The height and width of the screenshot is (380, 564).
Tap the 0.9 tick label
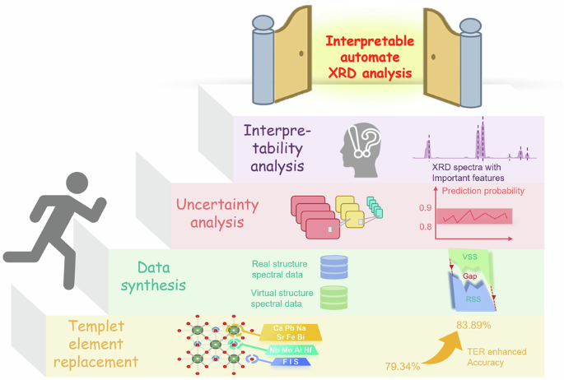click(425, 208)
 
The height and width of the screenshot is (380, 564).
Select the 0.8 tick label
click(425, 227)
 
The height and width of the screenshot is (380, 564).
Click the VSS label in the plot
click(469, 257)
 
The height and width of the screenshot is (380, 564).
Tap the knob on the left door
click(302, 53)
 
